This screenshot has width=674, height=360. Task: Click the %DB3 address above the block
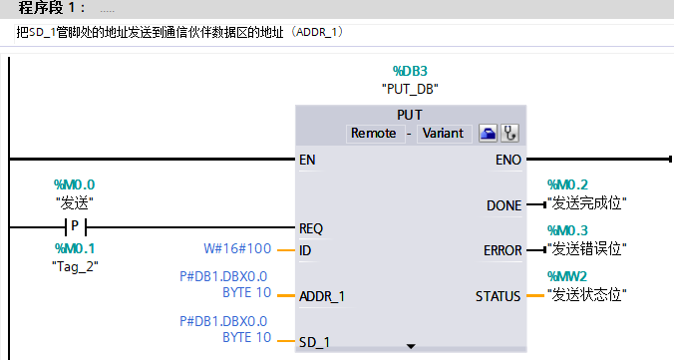click(410, 72)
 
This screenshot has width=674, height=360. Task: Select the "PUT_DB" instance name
click(410, 88)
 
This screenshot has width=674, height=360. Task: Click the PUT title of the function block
click(410, 115)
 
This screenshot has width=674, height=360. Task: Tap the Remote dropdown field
click(373, 133)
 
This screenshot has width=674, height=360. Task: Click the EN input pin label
click(307, 160)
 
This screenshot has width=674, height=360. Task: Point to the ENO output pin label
click(507, 160)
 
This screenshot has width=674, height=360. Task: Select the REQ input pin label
click(311, 227)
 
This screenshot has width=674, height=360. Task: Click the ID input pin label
click(305, 250)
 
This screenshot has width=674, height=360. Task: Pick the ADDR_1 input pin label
click(321, 295)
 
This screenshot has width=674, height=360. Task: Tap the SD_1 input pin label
click(314, 342)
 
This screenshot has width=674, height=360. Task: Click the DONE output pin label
click(504, 205)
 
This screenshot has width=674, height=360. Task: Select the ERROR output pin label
click(502, 250)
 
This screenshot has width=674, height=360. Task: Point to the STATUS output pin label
click(499, 295)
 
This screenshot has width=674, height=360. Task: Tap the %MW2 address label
click(569, 275)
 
